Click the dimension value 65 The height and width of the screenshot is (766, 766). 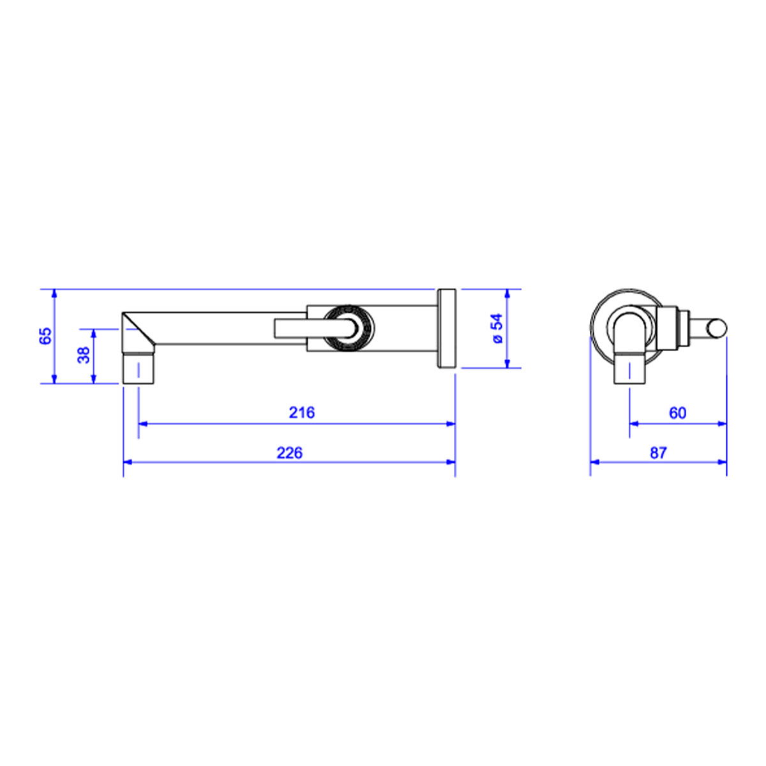[x=46, y=336]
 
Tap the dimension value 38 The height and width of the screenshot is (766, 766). [x=84, y=355]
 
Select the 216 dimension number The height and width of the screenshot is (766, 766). [x=302, y=412]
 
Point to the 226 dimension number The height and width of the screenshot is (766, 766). [x=289, y=453]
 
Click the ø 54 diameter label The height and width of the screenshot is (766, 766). [x=497, y=328]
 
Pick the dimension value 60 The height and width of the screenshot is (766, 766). [x=678, y=413]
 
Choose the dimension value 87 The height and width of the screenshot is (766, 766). [x=658, y=453]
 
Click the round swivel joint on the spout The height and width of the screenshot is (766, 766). [x=349, y=328]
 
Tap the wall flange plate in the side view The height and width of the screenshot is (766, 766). [x=446, y=328]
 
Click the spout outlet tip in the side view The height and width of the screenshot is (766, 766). [x=139, y=368]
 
